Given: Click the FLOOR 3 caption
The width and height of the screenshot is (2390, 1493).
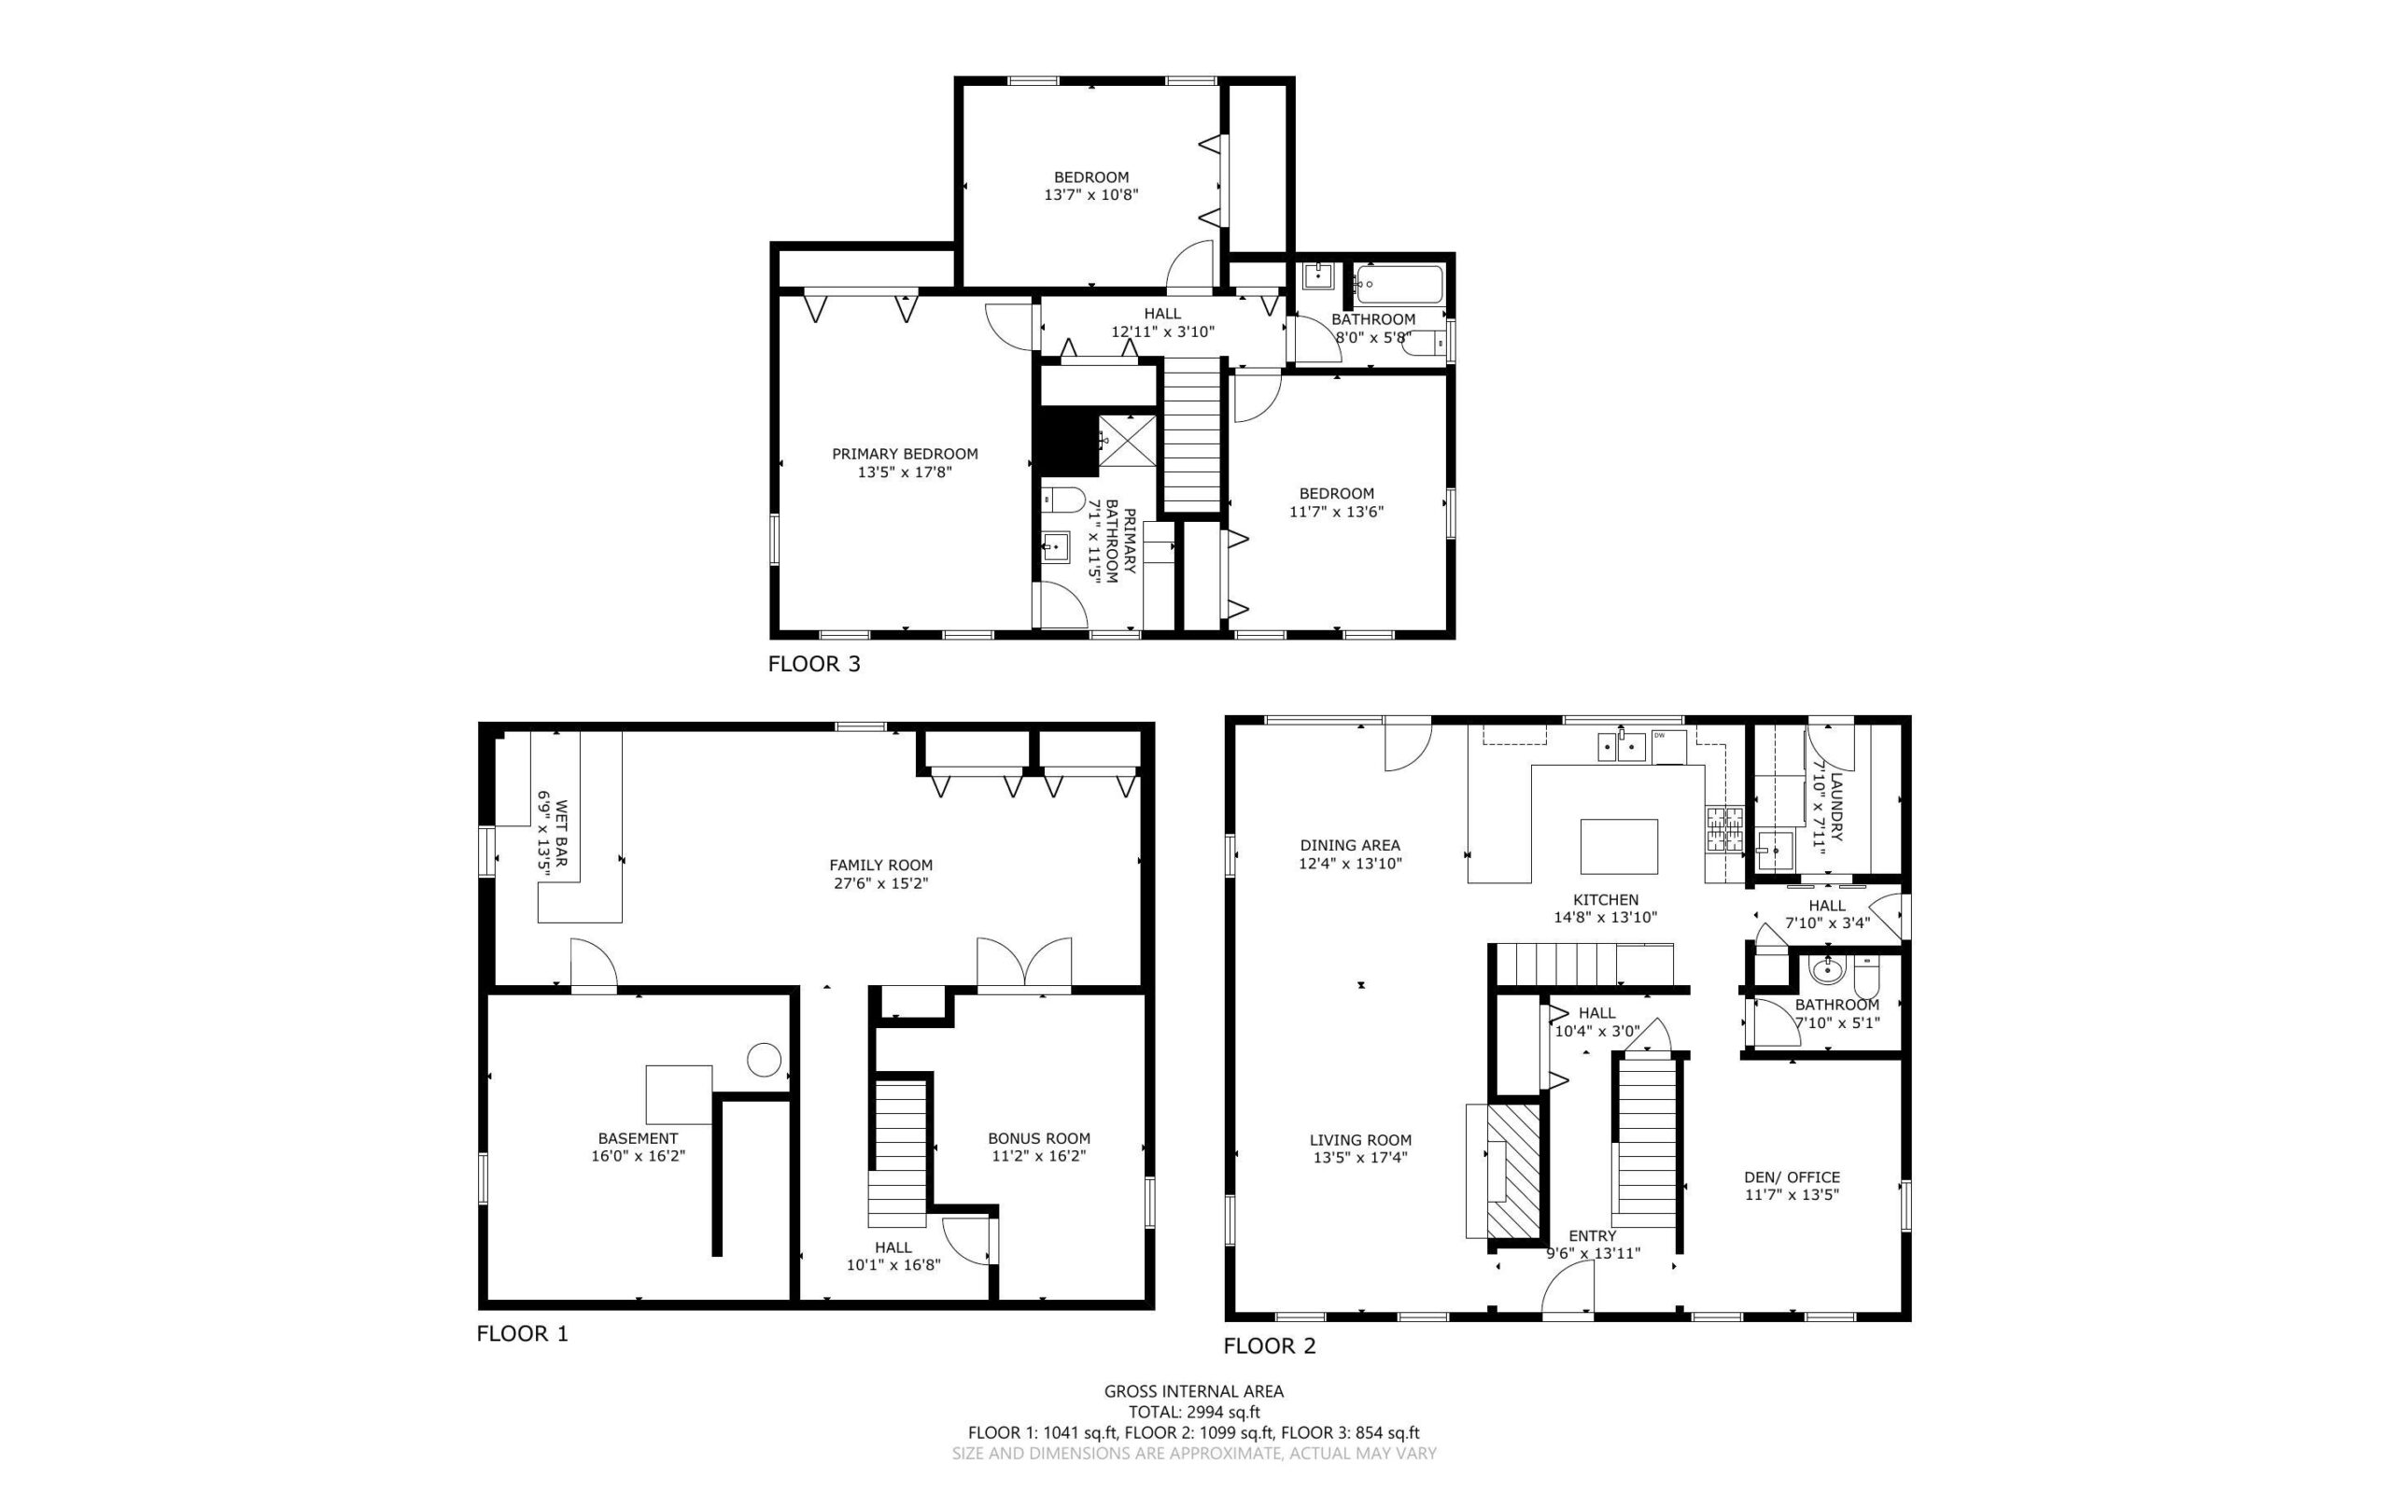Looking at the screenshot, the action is click(813, 664).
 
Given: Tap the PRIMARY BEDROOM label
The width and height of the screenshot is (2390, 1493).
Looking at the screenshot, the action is click(905, 454).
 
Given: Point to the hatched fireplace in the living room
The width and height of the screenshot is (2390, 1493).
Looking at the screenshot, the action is click(1512, 1171).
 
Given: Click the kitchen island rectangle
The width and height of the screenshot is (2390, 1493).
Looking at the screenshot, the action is click(1618, 846).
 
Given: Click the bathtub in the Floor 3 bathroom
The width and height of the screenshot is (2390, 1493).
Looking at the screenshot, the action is click(1398, 285).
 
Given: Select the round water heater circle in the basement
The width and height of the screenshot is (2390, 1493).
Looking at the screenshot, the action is click(763, 1060).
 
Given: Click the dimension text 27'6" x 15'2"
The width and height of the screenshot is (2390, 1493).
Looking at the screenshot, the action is click(880, 883).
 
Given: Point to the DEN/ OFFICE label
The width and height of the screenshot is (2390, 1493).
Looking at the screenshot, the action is click(1792, 1177).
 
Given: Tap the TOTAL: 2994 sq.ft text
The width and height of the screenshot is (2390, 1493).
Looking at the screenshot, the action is click(1193, 1412).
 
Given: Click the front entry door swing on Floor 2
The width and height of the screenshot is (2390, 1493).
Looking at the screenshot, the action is click(1568, 1289).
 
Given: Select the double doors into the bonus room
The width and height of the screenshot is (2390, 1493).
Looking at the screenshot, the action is click(1024, 962).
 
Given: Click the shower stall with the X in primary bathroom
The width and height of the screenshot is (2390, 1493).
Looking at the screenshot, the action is click(1128, 440).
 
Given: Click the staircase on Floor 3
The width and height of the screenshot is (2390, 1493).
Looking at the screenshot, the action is click(1192, 434).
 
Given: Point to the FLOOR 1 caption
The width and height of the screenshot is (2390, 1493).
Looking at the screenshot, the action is click(522, 1334).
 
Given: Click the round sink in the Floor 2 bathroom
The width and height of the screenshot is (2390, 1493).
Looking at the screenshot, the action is click(1827, 971).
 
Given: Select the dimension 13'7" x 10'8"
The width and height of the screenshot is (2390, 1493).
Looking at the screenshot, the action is click(1090, 194).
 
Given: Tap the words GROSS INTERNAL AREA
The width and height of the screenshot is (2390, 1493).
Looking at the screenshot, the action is click(1193, 1391).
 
